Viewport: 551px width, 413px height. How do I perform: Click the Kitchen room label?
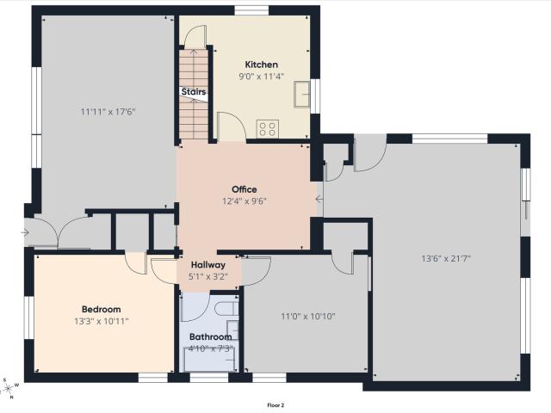(x=261, y=65)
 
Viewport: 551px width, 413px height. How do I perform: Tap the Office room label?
(x=245, y=189)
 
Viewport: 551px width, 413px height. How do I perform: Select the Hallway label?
(x=208, y=265)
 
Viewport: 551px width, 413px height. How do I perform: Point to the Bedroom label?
(x=102, y=310)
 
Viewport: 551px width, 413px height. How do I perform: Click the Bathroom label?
(x=210, y=336)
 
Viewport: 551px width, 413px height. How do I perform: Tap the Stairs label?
(x=194, y=92)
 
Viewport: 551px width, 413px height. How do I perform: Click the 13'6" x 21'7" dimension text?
(x=446, y=259)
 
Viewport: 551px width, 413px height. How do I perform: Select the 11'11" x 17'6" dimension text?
(x=108, y=112)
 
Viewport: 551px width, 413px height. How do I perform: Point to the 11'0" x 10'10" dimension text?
(x=308, y=317)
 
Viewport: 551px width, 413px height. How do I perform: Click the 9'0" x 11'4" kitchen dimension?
(x=261, y=77)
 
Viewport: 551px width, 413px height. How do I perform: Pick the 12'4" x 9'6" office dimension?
(x=245, y=201)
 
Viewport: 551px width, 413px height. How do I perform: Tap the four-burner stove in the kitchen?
(x=268, y=128)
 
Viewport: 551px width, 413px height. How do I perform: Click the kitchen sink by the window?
(x=302, y=94)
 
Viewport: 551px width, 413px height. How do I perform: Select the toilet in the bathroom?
(x=226, y=309)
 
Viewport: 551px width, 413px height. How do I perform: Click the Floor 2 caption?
(x=275, y=405)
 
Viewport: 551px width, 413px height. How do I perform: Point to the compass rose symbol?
(x=9, y=388)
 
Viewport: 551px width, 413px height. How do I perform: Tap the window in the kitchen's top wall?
(x=251, y=10)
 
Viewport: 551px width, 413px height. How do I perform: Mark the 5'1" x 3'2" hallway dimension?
(x=208, y=277)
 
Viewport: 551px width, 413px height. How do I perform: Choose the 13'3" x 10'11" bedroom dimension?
(x=102, y=321)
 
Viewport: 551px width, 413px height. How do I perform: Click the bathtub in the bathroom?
(x=210, y=359)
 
